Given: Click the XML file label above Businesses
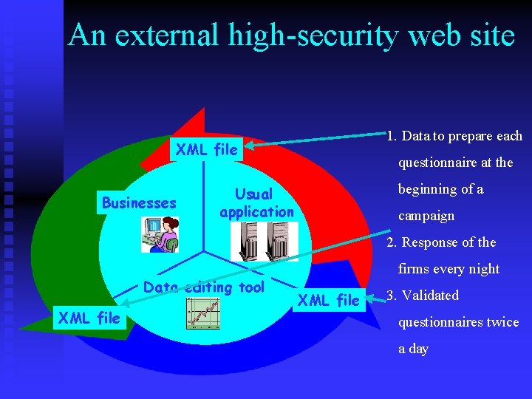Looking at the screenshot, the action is (x=207, y=150).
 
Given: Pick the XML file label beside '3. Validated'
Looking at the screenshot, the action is (x=329, y=300).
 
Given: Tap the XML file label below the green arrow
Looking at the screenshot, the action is (x=89, y=319).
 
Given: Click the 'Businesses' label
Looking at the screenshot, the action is (x=139, y=203).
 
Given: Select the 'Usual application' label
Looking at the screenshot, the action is (x=256, y=203).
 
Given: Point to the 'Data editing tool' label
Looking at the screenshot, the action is (x=204, y=287).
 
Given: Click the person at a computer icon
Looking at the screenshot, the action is (x=160, y=234).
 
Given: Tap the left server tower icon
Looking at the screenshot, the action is (x=246, y=241).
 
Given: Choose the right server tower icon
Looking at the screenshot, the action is (x=280, y=241).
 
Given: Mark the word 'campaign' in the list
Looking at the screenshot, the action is (x=426, y=216).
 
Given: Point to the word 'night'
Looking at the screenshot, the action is (x=484, y=270).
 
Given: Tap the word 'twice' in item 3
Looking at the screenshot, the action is (x=503, y=322).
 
